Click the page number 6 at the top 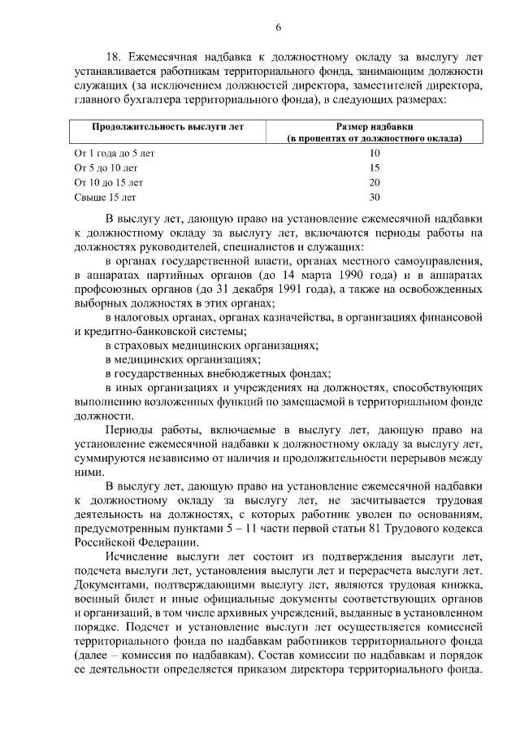(278, 28)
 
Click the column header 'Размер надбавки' (375, 128)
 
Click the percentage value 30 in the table (375, 197)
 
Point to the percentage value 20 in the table (375, 182)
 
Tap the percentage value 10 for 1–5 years (375, 153)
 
